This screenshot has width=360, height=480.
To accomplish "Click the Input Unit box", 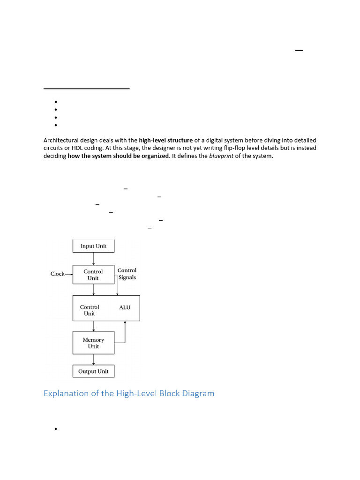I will [x=93, y=246].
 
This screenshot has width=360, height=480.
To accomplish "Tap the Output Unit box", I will [x=93, y=371].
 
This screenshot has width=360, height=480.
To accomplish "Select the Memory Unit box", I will [x=93, y=343].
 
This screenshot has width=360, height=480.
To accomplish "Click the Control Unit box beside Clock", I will [x=93, y=275].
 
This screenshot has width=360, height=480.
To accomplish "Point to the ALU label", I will [x=125, y=307].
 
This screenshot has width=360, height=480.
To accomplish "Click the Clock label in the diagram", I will [x=57, y=274].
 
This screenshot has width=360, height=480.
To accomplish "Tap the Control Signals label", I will [x=127, y=274].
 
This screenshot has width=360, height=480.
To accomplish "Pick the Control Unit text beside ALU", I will [x=90, y=310].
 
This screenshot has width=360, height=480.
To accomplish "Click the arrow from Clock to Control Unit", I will [x=68, y=274].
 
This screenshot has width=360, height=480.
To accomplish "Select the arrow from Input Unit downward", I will [x=94, y=258].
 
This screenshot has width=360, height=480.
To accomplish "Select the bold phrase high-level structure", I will [x=166, y=140].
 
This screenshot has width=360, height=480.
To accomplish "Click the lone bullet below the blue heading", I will [x=56, y=429].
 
